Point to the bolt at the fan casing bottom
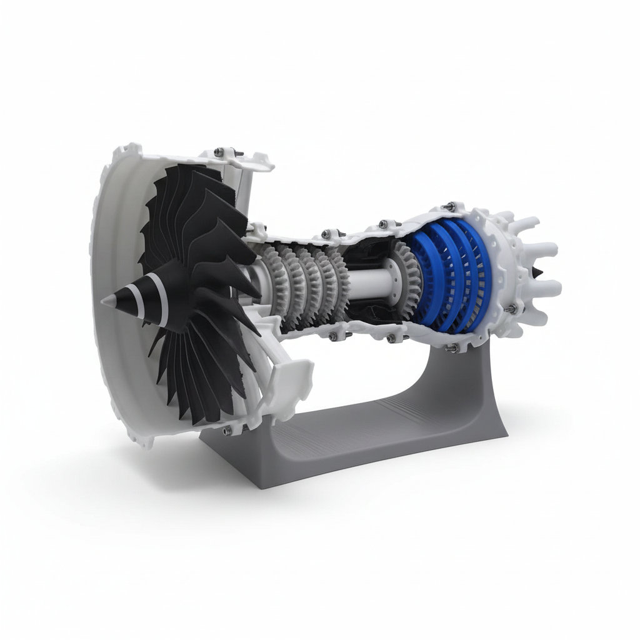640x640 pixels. click(226, 430)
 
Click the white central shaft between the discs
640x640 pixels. click(369, 284)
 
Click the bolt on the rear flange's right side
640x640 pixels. click(511, 309)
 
